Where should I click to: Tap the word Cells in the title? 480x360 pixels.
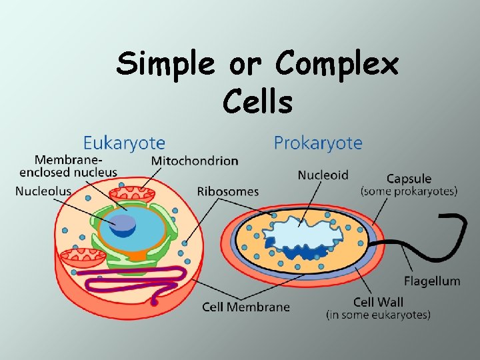point(258,102)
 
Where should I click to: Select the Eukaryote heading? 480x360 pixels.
point(124,143)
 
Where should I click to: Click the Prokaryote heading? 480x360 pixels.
point(318,143)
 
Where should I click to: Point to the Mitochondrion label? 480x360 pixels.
point(195,161)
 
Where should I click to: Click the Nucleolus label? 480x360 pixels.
point(43,191)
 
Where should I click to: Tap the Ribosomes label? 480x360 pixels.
point(227,191)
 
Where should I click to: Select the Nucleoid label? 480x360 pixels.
point(323,175)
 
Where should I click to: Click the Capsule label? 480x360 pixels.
point(409,179)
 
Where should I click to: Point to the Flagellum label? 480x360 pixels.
point(432,281)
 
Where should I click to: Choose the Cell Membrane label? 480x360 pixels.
point(246,307)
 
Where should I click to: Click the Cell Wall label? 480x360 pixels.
point(378,303)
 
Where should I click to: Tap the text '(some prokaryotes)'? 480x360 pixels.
point(409,191)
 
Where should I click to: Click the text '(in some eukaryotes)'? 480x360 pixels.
point(378,315)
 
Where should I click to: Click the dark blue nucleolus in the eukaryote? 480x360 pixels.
point(123,225)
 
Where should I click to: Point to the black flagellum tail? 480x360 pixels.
point(460,233)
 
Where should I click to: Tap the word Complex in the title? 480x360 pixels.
point(337,65)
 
